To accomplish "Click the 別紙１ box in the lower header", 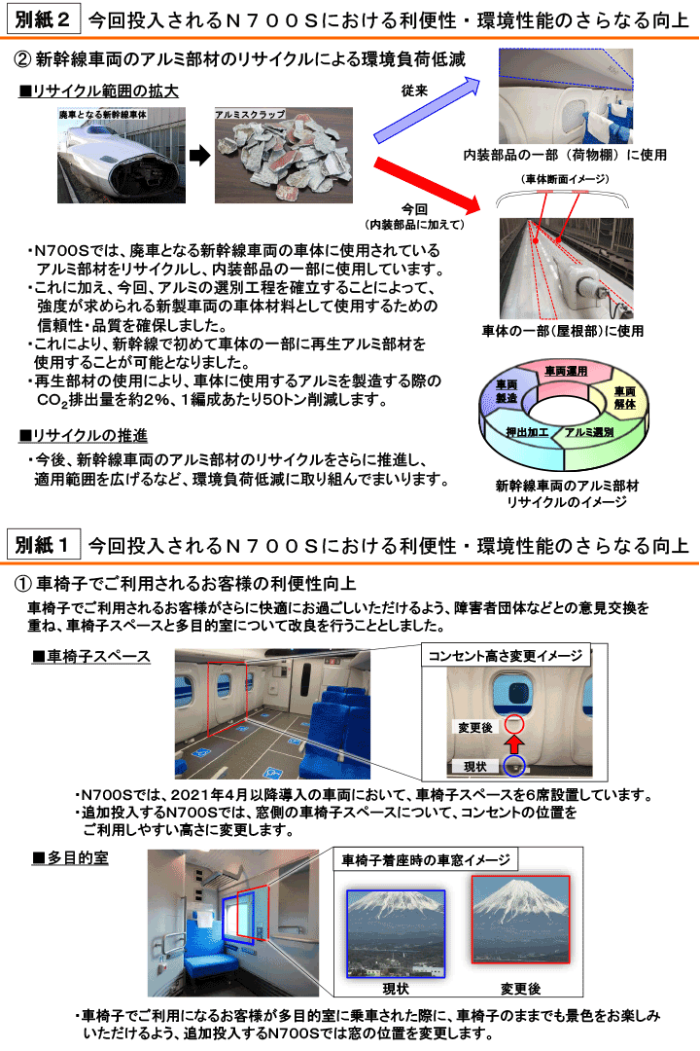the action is click(43, 544).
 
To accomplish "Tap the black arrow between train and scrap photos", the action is click(199, 156).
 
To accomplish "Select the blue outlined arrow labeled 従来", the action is click(427, 110).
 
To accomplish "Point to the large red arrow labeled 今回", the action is click(428, 184).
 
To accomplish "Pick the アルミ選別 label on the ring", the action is click(589, 432).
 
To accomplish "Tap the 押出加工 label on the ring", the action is click(527, 432).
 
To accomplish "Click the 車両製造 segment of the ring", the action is click(507, 391).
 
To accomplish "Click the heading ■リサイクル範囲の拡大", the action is click(98, 91).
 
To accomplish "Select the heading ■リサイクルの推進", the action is click(83, 436).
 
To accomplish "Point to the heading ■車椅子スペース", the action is click(91, 656).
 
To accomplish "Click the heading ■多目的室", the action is click(70, 858).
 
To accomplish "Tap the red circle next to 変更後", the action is click(514, 724).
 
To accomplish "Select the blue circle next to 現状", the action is click(513, 766).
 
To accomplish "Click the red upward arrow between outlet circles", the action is click(514, 744).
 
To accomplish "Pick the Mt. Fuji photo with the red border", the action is click(520, 919).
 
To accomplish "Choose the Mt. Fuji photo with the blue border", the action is click(396, 933).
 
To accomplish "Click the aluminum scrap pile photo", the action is click(284, 156).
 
